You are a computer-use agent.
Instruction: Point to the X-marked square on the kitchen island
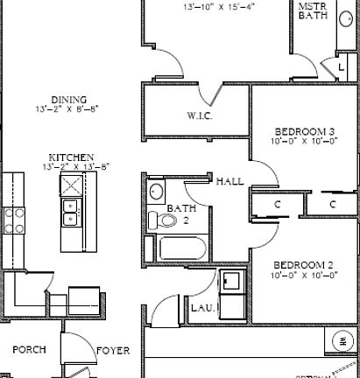(x=71, y=184)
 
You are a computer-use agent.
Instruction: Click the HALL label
(x=229, y=181)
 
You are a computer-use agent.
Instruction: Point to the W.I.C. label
(x=201, y=115)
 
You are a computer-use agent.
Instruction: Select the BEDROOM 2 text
(x=302, y=264)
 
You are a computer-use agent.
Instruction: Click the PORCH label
(x=28, y=350)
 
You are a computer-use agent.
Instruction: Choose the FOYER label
(x=112, y=351)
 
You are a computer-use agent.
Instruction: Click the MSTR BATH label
(x=314, y=10)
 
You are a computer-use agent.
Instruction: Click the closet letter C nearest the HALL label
(x=277, y=204)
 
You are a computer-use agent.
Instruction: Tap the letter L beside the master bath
(x=341, y=66)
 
